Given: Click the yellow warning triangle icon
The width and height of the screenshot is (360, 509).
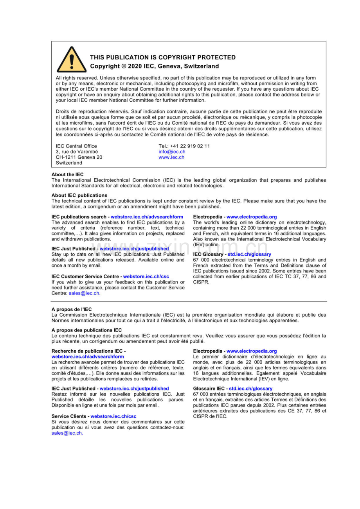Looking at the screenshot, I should [71, 60].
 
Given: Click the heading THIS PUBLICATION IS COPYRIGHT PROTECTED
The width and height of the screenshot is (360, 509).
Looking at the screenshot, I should [163, 57].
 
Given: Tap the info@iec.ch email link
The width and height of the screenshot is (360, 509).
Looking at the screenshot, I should [172, 152].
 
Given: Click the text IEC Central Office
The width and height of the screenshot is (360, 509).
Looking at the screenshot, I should [76, 146].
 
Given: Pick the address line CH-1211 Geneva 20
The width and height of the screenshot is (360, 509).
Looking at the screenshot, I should [79, 157].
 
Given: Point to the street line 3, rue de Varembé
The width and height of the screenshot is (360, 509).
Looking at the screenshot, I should [77, 152].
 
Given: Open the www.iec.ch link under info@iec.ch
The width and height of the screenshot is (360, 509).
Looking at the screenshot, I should [171, 157].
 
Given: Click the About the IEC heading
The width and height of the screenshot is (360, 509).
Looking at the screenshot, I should [67, 174].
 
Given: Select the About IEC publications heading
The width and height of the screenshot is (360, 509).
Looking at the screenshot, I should [79, 195].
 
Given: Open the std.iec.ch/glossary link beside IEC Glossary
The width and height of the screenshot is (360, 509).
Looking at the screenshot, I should [249, 254].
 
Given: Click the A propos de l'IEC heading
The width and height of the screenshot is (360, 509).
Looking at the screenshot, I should [72, 309].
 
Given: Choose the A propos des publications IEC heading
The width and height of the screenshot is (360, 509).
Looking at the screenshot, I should [86, 330].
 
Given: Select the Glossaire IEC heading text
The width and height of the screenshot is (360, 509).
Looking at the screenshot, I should [209, 389].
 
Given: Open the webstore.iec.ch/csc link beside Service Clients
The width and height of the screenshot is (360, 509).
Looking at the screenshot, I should [113, 416].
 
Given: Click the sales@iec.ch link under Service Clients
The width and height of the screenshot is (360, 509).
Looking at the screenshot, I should [67, 433].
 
